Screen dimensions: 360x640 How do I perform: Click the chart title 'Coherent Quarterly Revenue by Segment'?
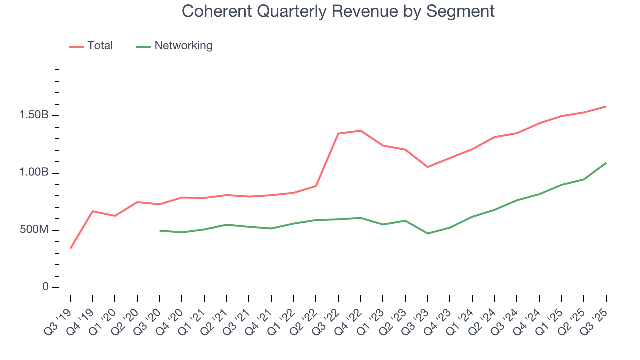tap(338, 11)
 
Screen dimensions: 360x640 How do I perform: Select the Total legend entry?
tap(100, 46)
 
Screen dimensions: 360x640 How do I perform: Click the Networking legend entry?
tap(183, 46)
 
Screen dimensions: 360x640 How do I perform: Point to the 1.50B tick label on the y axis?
tap(33, 115)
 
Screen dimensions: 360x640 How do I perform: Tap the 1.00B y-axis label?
tap(33, 173)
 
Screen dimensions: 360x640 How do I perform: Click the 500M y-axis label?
tap(33, 230)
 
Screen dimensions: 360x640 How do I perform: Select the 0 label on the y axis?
tap(46, 287)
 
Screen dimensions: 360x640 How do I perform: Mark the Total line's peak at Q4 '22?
tap(360, 131)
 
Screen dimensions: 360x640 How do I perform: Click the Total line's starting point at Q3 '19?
tap(70, 248)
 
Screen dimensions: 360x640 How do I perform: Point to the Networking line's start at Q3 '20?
tap(160, 230)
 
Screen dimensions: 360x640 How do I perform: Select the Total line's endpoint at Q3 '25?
tap(606, 106)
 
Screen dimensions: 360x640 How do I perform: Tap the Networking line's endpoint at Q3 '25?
tap(606, 163)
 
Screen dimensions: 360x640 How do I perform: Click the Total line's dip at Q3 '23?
tap(427, 167)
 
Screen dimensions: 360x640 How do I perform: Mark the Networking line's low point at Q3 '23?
tap(427, 233)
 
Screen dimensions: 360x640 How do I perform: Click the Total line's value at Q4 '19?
tap(93, 211)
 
